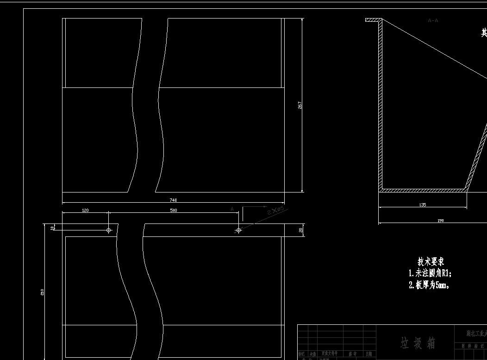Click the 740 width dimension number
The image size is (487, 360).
coord(173,200)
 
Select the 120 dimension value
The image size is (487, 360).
coord(85,211)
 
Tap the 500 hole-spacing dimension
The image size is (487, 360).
coord(173,211)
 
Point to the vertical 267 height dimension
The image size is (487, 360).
coord(300,105)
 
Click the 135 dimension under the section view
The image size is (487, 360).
coord(422,205)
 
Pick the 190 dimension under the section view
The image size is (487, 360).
coord(440,221)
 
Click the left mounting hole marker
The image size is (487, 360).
coord(109,230)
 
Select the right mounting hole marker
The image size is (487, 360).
coord(238,230)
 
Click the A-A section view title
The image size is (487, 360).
coord(433,20)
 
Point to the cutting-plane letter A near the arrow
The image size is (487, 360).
coord(232,209)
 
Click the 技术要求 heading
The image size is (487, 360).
coord(431,262)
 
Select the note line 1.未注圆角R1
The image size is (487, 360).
coord(430,273)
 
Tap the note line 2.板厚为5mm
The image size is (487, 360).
coord(429,285)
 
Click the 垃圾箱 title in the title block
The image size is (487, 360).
coord(418,343)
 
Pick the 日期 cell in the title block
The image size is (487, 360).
coord(368,354)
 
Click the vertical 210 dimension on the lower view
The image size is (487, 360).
coord(43,292)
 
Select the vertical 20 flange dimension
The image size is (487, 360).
coord(301,230)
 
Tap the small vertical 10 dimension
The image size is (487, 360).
coord(52,227)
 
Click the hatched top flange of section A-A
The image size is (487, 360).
coord(373,20)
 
